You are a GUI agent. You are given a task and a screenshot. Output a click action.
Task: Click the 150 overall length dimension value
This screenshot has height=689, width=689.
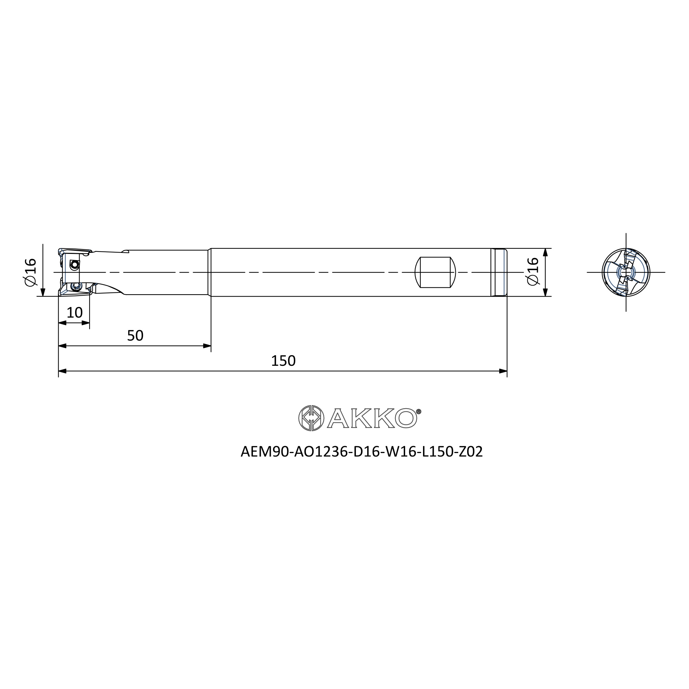pyautogui.click(x=283, y=361)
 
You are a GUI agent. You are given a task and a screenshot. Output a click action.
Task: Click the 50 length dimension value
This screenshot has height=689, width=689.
pyautogui.click(x=135, y=336)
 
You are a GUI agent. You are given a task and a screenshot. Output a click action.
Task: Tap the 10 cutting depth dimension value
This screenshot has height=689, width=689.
pyautogui.click(x=74, y=313)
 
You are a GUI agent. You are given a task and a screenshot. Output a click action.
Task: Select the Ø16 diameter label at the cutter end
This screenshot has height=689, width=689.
pyautogui.click(x=31, y=272)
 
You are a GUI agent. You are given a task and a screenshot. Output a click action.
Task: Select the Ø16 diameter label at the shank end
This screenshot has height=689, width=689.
pyautogui.click(x=533, y=271)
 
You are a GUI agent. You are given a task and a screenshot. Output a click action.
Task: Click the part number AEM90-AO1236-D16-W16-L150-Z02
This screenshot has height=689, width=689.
pyautogui.click(x=362, y=452)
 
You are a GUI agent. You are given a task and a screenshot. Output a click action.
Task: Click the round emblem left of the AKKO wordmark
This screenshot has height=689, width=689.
pyautogui.click(x=311, y=418)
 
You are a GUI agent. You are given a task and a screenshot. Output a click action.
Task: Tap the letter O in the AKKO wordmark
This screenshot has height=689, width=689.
pyautogui.click(x=406, y=418)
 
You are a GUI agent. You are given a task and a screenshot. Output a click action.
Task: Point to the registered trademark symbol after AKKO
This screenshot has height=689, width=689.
pyautogui.click(x=419, y=411)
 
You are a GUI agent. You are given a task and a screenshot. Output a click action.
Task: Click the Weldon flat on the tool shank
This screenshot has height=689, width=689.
pyautogui.click(x=435, y=272)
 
